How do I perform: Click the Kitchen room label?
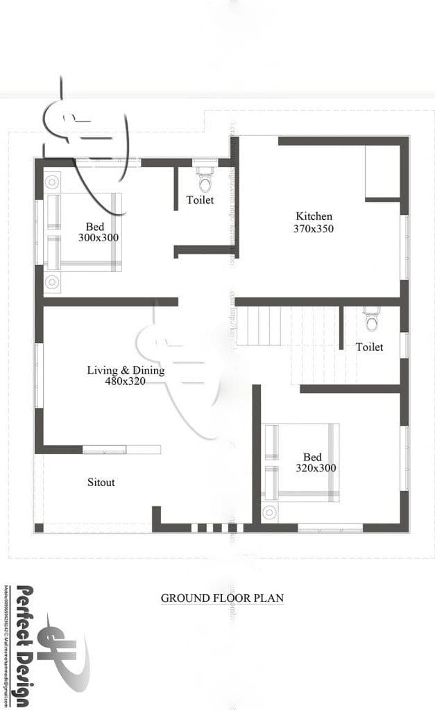[x=314, y=216]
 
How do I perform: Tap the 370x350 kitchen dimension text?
[x=314, y=228]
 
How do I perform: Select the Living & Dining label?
[x=126, y=370]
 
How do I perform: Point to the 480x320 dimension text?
[x=125, y=381]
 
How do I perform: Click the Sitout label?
[x=101, y=482]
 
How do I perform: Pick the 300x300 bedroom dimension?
[x=99, y=238]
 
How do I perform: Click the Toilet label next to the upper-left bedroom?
[x=200, y=200]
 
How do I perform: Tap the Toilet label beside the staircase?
[x=369, y=347]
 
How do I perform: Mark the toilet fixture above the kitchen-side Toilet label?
[x=372, y=320]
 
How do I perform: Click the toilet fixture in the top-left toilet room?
[x=205, y=179]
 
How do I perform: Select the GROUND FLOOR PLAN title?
[x=222, y=598]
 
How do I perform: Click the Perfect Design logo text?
[x=24, y=645]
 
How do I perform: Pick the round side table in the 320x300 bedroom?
[x=269, y=513]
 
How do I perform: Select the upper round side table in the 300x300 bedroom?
[x=52, y=182]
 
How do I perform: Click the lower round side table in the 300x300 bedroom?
[x=52, y=282]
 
